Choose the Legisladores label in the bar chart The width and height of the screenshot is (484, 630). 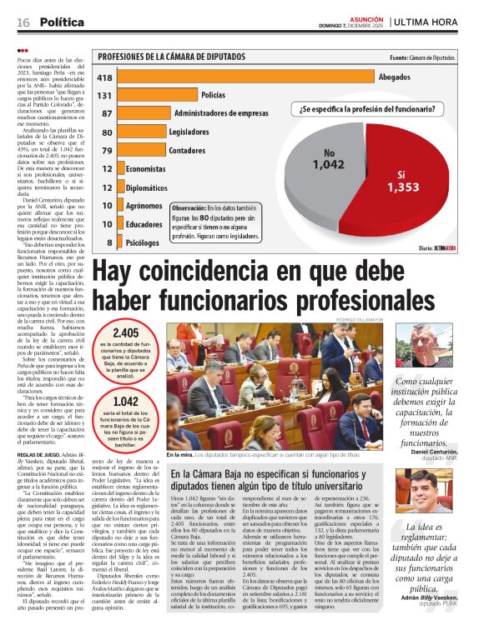pos(189,132)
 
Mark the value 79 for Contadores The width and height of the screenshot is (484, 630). pos(107,150)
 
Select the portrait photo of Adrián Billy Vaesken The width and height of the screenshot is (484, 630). pos(421,491)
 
